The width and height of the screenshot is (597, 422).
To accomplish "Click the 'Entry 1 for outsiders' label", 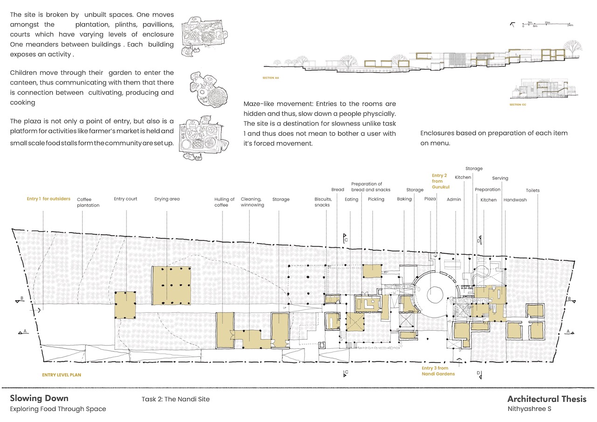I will point(49,199).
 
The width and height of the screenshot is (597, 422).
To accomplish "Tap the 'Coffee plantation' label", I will point(88,202).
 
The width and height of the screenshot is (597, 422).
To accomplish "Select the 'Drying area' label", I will point(167,199).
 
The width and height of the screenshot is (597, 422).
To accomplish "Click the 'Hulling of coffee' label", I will point(224,202).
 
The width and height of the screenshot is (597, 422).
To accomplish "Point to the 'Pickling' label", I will point(376,199).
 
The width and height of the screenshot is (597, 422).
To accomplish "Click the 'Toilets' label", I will point(533,190).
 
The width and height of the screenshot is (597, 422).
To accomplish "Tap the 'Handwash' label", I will point(514,200).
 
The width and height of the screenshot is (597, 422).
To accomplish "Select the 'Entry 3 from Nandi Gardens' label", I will point(438,371).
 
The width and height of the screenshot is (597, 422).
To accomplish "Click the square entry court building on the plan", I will point(125,304).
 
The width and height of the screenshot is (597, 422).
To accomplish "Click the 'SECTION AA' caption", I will point(271,77).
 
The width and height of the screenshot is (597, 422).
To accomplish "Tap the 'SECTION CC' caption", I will point(518,105).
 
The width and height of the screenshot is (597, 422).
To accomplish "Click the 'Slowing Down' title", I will point(39,398).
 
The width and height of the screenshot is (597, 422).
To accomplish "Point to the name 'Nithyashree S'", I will point(529,409).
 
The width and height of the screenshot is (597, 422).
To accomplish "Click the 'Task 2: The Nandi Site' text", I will point(175,399).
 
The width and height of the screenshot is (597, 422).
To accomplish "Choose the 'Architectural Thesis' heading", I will point(547,399).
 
